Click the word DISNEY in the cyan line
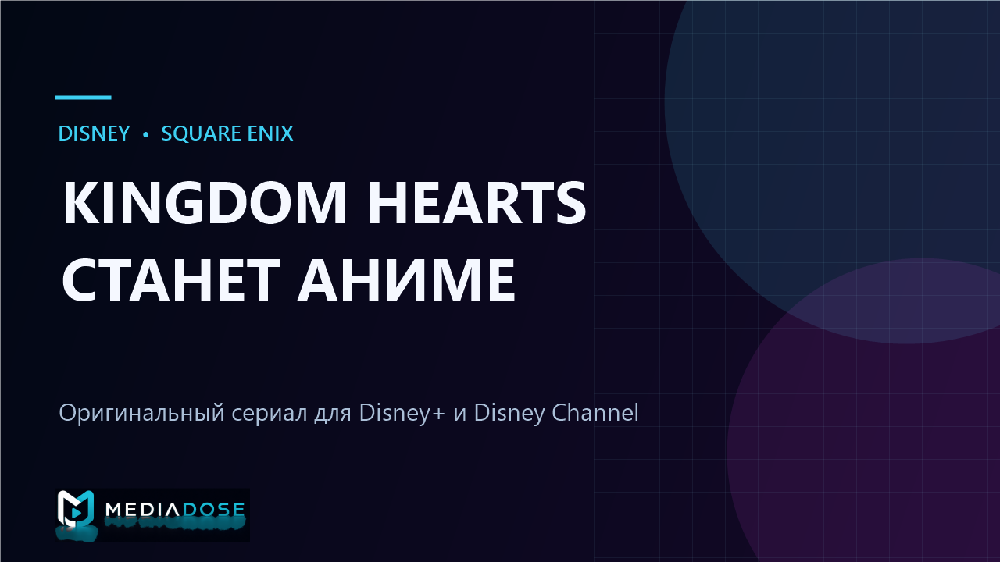94,133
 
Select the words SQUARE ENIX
227,133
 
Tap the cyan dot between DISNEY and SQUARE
145,134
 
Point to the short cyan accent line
83,98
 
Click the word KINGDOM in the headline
204,202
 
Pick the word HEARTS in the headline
477,202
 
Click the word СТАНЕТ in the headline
170,279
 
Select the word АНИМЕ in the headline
406,279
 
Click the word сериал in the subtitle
270,413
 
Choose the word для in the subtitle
333,414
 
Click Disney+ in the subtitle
402,413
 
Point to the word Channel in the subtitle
595,412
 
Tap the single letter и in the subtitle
460,414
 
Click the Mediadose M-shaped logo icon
76,508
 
